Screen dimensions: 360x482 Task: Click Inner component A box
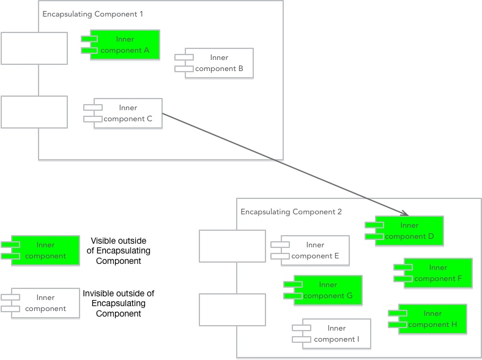point(125,45)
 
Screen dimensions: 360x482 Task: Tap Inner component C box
point(128,113)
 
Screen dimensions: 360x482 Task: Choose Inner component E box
point(314,250)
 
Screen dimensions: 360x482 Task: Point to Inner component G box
point(327,290)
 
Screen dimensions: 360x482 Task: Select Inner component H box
point(432,319)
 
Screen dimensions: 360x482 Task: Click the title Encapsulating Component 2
point(291,212)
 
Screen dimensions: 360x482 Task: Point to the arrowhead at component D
point(405,214)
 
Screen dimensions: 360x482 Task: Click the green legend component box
point(45,250)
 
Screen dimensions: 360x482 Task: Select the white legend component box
point(45,303)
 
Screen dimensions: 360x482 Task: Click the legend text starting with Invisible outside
point(118,304)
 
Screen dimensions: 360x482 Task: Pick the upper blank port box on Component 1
point(34,48)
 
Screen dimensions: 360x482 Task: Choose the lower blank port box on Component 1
point(34,111)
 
